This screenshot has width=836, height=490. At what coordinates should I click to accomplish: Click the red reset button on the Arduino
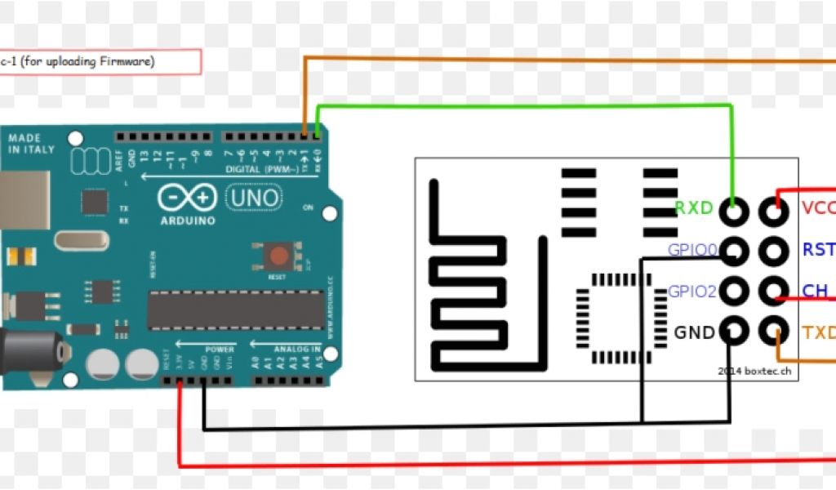pos(278,256)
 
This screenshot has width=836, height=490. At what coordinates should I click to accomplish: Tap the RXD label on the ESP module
pos(694,208)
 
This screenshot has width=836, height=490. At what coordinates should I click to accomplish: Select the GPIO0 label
pos(692,250)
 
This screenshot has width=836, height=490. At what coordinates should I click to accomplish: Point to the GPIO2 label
pos(692,291)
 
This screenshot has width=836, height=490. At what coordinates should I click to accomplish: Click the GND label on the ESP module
pos(694,332)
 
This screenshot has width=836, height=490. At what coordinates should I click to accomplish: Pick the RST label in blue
pos(818,249)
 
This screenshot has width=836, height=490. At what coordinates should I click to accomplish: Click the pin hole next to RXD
pos(735,211)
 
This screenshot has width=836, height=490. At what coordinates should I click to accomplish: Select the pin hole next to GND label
pos(735,332)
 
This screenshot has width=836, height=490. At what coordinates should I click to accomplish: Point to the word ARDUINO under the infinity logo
pos(188,220)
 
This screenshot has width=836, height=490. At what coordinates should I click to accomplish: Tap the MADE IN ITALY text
pos(31,145)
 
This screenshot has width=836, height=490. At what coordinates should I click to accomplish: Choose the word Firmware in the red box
pos(127,61)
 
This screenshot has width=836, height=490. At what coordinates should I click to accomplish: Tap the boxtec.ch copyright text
pos(755,371)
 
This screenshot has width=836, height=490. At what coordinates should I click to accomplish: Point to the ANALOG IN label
pos(297,350)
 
